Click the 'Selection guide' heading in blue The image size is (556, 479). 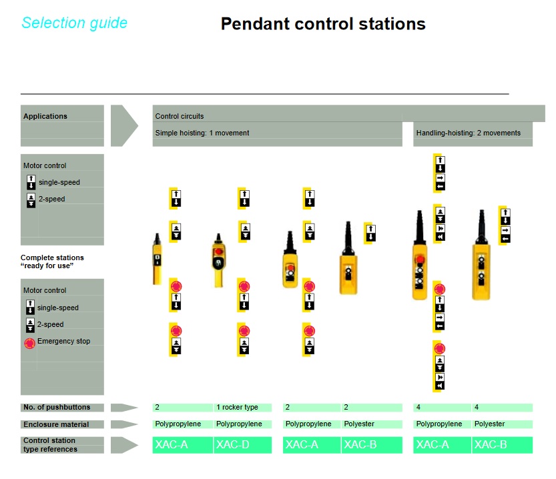click(75, 23)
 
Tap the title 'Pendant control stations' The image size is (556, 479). click(323, 24)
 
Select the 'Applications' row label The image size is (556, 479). click(45, 116)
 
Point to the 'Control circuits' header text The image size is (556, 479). click(180, 116)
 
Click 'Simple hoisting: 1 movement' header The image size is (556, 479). click(202, 133)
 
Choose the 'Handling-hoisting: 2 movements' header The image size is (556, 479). click(468, 133)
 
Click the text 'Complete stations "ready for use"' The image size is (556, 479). click(52, 262)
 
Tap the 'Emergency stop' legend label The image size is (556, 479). click(64, 341)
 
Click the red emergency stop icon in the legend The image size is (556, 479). click(30, 343)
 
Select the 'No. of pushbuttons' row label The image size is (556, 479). click(57, 407)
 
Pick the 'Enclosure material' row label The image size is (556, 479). click(56, 424)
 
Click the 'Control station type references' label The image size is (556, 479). click(50, 444)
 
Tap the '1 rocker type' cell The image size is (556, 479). click(237, 407)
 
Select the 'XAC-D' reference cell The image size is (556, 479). click(242, 444)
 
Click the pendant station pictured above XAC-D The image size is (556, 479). click(218, 260)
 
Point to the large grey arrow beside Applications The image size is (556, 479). click(124, 125)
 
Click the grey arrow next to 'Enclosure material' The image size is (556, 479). click(124, 424)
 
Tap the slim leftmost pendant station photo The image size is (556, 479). click(157, 259)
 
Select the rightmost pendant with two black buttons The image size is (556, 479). click(481, 255)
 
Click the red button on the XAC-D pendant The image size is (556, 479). click(218, 252)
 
